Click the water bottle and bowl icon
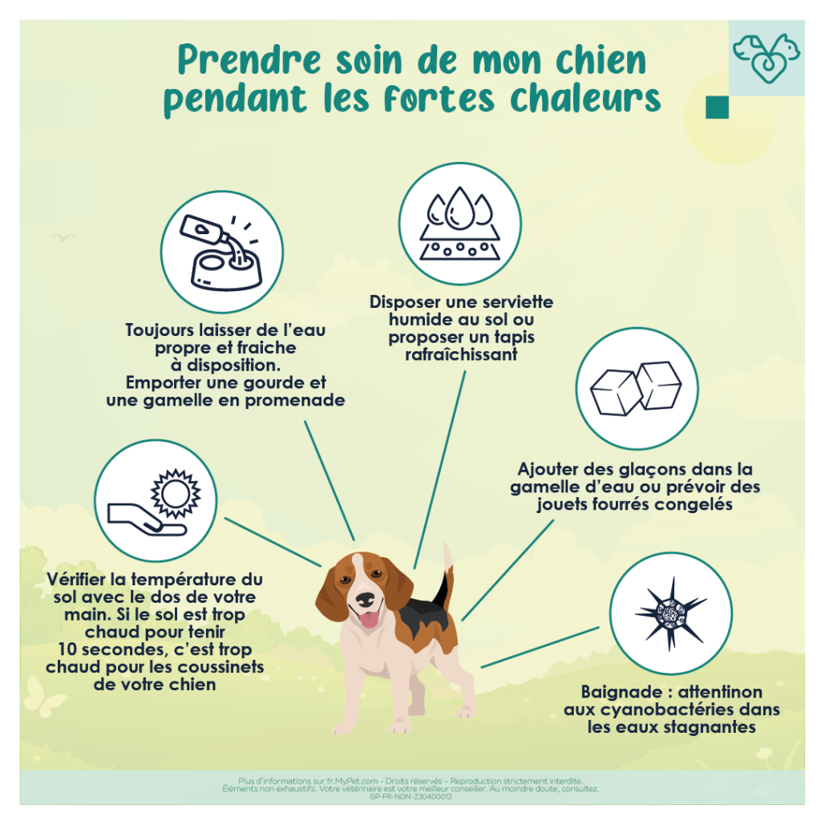click(x=220, y=253)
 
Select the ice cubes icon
click(x=636, y=388)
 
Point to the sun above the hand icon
click(x=176, y=493)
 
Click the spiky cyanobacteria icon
click(x=670, y=613)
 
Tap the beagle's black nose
click(x=365, y=598)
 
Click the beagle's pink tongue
click(x=369, y=619)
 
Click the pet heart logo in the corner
click(x=766, y=58)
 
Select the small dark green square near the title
click(x=717, y=107)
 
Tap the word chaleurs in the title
click(x=585, y=99)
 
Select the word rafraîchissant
click(x=461, y=354)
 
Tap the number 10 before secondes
click(x=67, y=649)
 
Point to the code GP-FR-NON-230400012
click(x=410, y=796)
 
